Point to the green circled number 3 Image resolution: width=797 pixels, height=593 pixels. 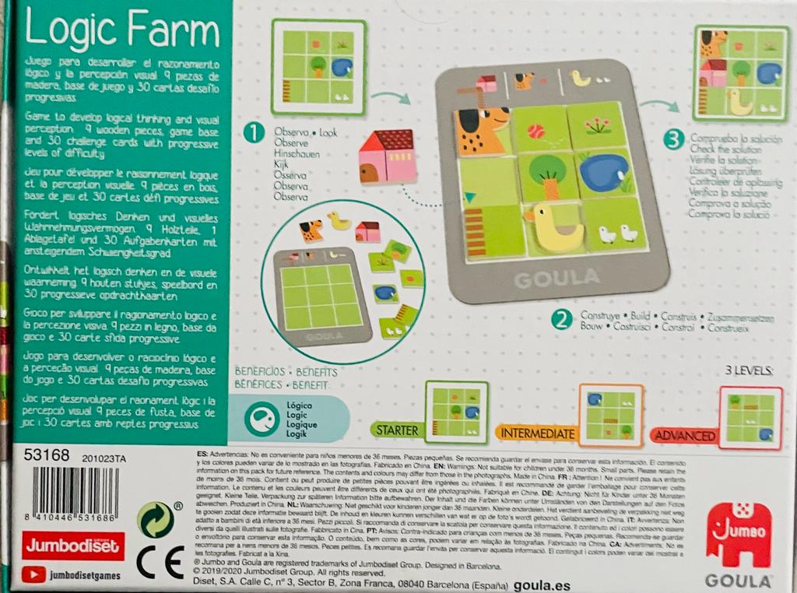(x=675, y=142)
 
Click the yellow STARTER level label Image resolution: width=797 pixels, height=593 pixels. (x=397, y=430)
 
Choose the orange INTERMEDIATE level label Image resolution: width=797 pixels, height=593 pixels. (x=538, y=433)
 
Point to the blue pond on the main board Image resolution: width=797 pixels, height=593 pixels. (x=605, y=173)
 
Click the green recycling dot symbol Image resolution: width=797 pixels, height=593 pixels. (x=155, y=519)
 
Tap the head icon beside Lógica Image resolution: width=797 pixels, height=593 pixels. (x=259, y=419)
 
